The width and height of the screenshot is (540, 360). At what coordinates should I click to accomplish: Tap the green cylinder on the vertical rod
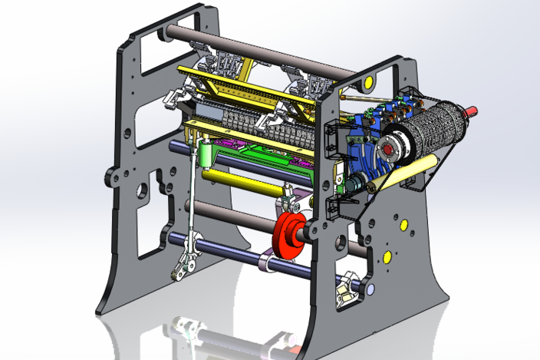[206, 157]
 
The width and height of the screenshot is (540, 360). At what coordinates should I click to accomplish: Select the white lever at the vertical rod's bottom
[183, 266]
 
